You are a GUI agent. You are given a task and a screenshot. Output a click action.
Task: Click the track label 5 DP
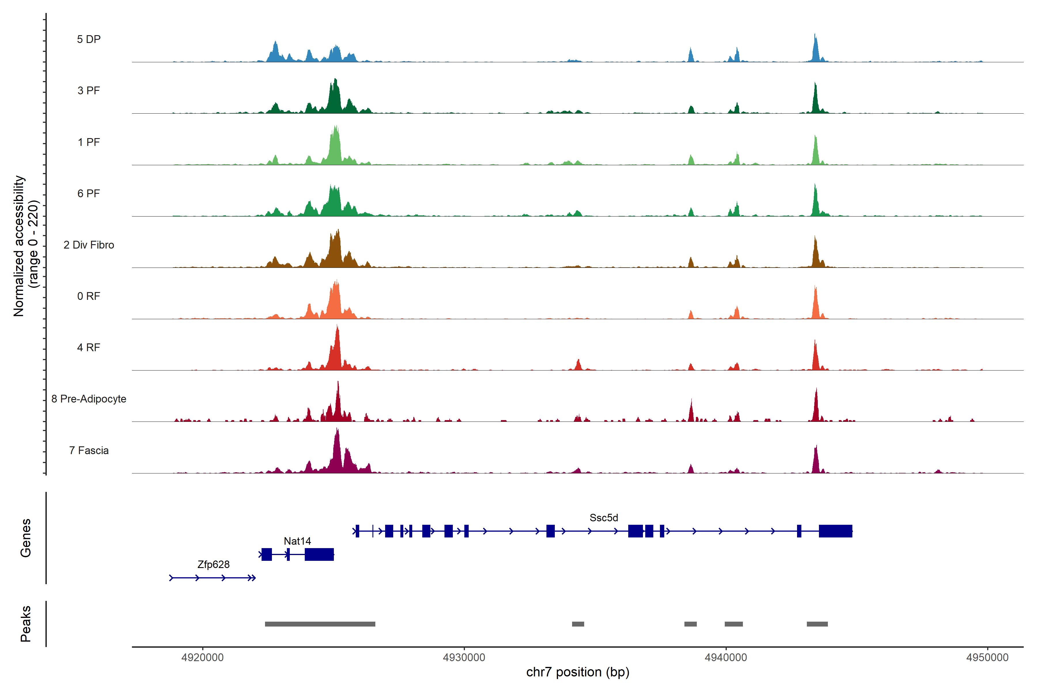[89, 39]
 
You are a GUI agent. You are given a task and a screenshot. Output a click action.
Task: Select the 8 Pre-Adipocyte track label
[89, 399]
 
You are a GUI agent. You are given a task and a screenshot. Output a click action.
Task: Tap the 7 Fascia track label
[89, 451]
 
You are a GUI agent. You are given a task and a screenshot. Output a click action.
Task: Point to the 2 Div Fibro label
[89, 245]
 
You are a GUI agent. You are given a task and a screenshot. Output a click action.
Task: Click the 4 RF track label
[89, 348]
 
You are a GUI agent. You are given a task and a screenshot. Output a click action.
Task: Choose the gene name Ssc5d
[603, 518]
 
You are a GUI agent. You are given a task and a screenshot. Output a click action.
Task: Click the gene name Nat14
[297, 541]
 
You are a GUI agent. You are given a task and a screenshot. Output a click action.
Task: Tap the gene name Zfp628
[213, 565]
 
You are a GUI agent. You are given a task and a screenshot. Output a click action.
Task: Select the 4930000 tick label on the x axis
[464, 658]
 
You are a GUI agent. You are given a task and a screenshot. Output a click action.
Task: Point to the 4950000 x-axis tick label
[987, 658]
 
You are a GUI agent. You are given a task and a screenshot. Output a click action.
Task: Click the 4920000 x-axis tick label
[203, 658]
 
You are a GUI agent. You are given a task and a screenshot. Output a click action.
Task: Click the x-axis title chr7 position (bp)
[578, 672]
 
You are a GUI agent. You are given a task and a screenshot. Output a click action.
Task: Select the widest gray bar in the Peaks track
[320, 624]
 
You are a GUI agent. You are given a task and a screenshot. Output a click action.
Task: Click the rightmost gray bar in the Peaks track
[817, 624]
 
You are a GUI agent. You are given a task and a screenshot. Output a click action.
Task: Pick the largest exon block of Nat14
[319, 554]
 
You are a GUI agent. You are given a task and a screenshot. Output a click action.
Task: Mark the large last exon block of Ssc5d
[836, 531]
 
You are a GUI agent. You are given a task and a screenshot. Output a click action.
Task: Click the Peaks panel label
[26, 624]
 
